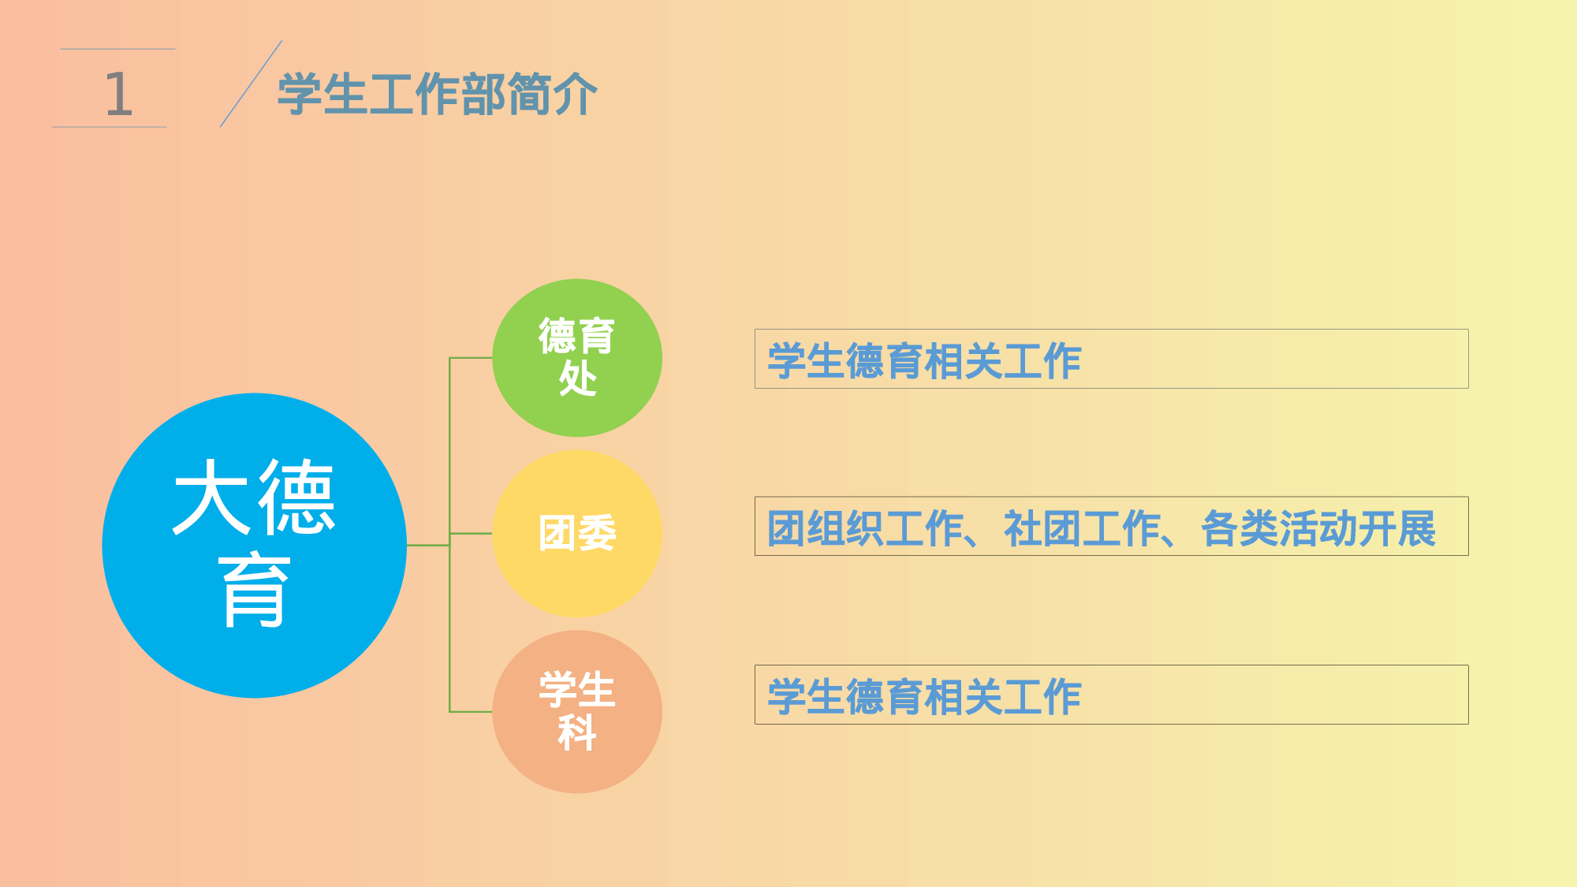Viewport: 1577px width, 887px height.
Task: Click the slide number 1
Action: pos(118,94)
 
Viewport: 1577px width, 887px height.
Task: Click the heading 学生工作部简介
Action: pos(437,95)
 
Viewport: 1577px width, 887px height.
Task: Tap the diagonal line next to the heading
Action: pos(251,84)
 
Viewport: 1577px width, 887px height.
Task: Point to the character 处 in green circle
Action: pos(577,379)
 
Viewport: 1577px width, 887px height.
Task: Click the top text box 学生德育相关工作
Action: pos(1111,360)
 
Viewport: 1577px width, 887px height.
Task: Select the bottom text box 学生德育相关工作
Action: pos(1111,695)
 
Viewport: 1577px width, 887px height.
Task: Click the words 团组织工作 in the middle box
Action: pos(864,528)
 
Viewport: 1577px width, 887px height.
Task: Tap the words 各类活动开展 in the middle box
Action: pos(1318,528)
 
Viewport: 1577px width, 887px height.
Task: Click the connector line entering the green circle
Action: pos(471,358)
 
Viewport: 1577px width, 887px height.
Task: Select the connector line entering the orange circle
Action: pos(471,712)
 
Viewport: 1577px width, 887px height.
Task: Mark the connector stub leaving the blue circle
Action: pos(428,545)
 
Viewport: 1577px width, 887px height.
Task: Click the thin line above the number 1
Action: pos(117,49)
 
